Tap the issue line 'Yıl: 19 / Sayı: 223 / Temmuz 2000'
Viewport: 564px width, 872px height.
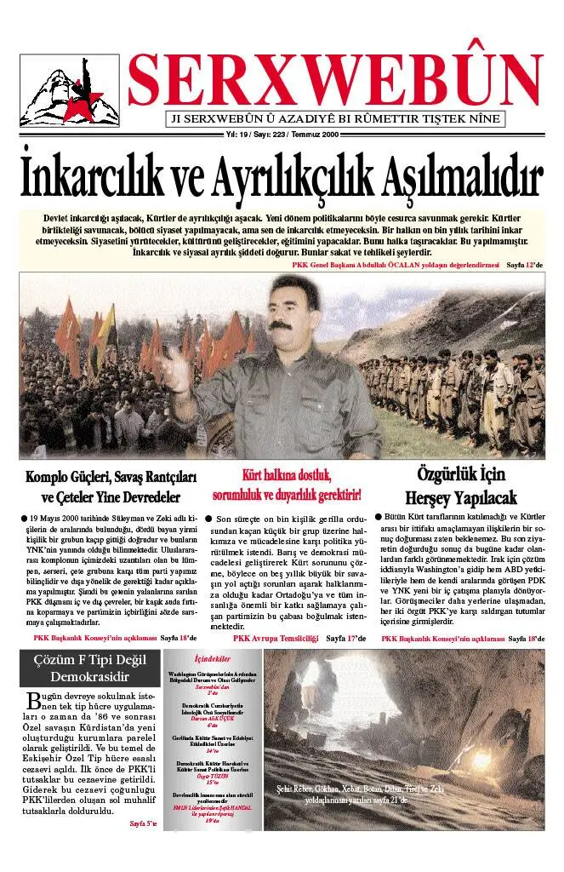[282, 135]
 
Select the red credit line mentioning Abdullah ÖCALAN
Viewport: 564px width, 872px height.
[395, 265]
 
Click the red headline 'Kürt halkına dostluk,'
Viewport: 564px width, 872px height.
[288, 475]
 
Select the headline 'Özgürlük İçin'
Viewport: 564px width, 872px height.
[457, 474]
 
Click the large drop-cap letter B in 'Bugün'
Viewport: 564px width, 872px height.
[35, 701]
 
